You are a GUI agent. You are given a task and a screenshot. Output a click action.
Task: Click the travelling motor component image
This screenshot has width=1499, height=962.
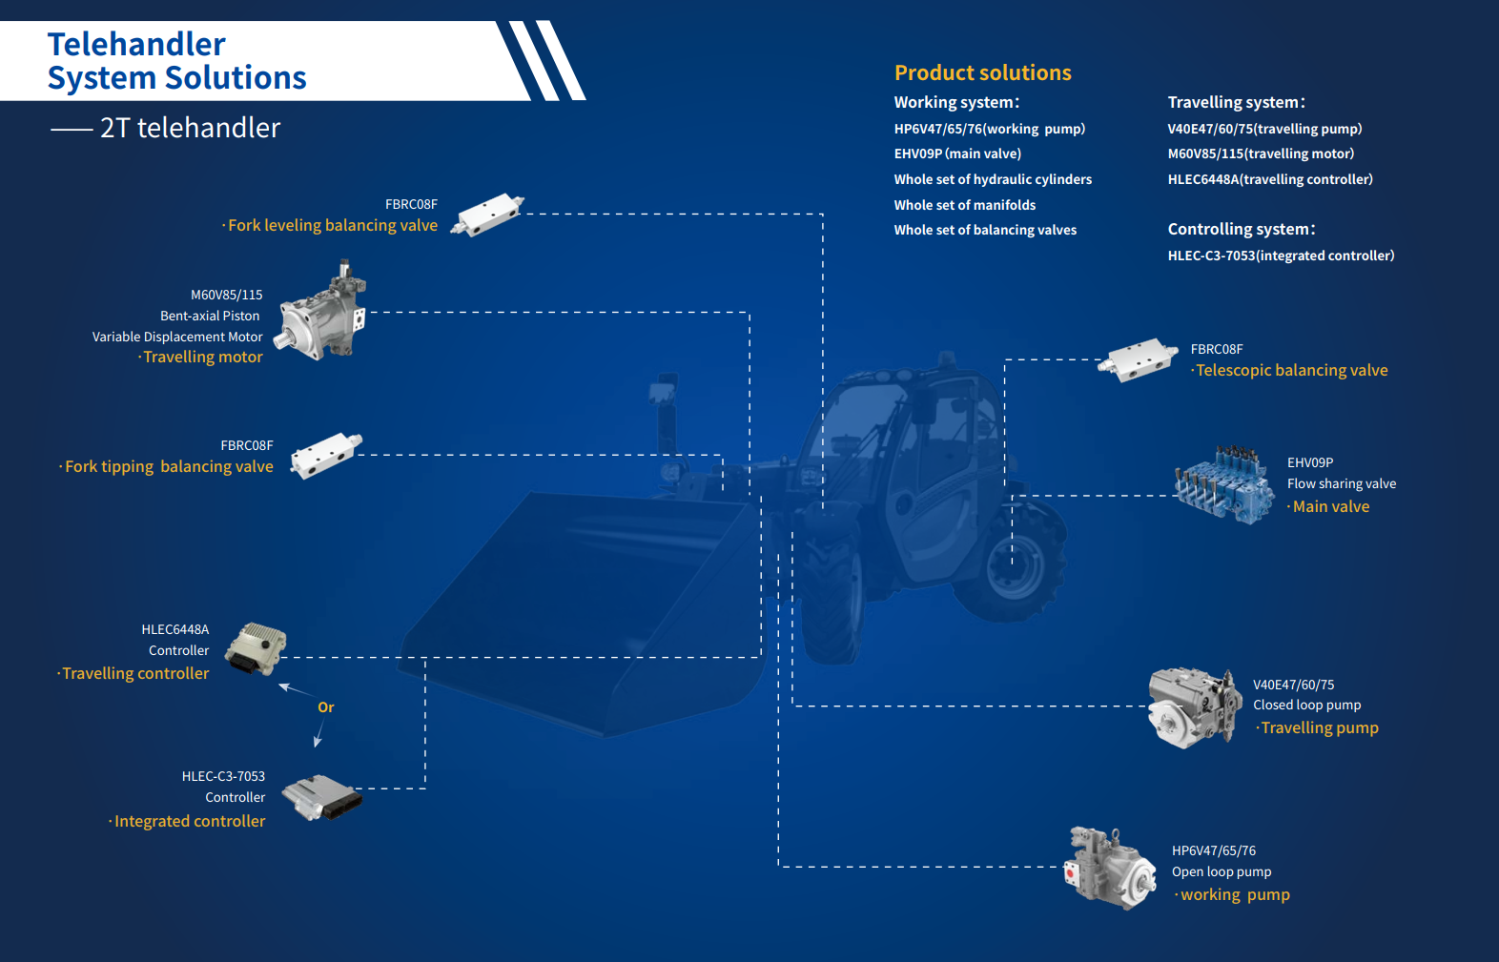point(321,311)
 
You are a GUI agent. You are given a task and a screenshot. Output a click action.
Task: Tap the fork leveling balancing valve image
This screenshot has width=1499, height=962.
point(487,215)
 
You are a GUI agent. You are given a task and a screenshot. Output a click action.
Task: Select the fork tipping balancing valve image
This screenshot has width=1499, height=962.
point(326,456)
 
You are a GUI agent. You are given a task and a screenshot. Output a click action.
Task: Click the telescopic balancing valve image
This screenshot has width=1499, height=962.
point(1138,359)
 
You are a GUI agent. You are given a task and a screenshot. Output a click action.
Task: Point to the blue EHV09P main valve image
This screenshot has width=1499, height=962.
point(1224,484)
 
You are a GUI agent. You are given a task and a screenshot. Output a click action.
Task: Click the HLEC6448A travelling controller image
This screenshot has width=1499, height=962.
point(256,648)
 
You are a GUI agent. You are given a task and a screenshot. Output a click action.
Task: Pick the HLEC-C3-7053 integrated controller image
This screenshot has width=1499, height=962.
point(322,797)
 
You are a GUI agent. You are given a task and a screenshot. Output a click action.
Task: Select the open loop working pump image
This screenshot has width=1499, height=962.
point(1110,868)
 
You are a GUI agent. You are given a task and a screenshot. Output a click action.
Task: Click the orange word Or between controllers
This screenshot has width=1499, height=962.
point(325,707)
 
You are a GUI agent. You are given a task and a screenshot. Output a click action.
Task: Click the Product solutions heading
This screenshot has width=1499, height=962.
point(982,72)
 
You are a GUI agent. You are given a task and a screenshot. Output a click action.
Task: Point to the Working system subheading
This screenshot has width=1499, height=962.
point(956,102)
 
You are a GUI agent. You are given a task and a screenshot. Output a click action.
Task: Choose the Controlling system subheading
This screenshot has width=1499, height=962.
point(1242,229)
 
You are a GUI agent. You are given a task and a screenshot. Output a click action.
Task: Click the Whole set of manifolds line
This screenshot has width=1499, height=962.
point(964,205)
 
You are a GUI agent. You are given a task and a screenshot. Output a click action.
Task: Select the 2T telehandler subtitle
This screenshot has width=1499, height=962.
point(190,128)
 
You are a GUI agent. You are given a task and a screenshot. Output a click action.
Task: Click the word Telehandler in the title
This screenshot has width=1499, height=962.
point(136,44)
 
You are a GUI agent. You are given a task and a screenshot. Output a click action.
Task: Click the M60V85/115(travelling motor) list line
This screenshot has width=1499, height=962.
point(1261,154)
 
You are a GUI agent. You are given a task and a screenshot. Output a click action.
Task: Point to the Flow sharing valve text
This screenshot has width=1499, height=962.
point(1341,483)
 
